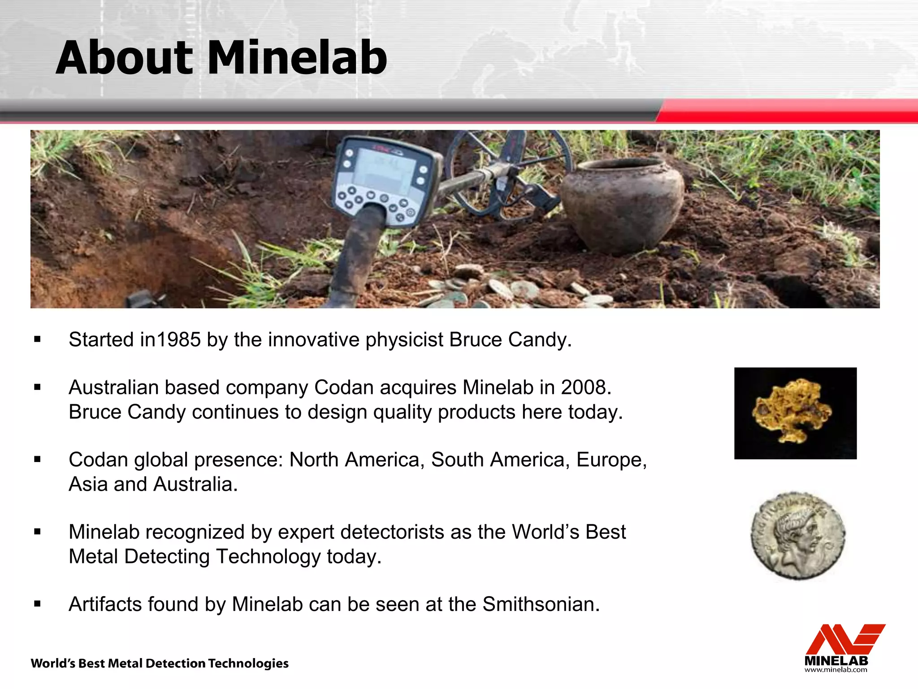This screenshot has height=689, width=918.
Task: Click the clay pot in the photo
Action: coord(623,204)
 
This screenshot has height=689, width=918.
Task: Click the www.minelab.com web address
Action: coord(836,670)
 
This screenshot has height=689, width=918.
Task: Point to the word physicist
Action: coord(404,340)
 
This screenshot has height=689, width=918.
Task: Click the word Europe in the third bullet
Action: coord(611,460)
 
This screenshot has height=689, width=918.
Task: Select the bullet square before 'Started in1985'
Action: coord(37,340)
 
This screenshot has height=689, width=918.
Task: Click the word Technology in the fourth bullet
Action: coord(268,557)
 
